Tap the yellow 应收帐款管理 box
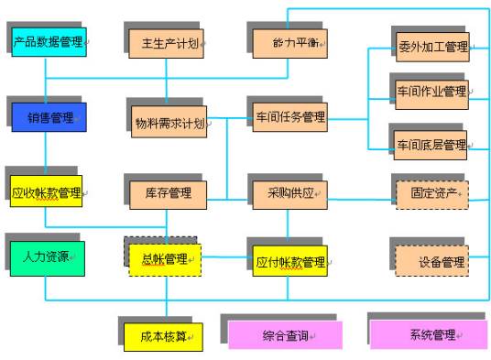pyautogui.click(x=47, y=192)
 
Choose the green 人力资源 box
pyautogui.click(x=47, y=257)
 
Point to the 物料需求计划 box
pyautogui.click(x=166, y=122)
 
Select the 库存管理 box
pyautogui.click(x=167, y=192)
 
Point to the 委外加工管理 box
pyautogui.click(x=431, y=46)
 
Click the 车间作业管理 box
pyautogui.click(x=431, y=92)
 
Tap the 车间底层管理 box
pyautogui.click(x=431, y=144)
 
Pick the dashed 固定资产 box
pyautogui.click(x=431, y=192)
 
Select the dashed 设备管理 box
pyautogui.click(x=431, y=261)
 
